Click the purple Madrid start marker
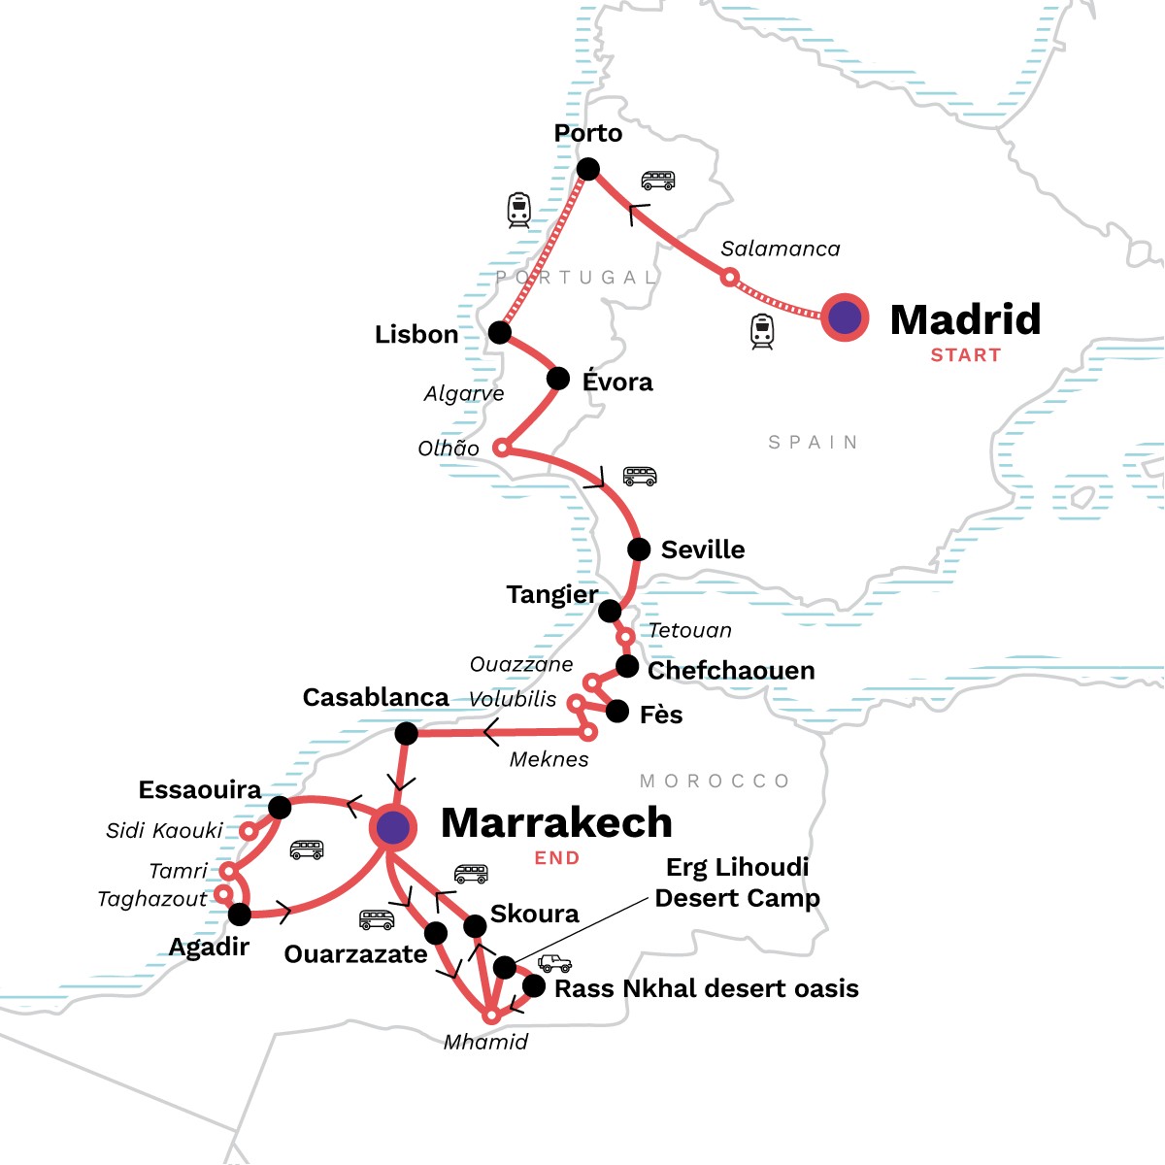click(845, 317)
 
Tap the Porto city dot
click(587, 170)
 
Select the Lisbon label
click(416, 334)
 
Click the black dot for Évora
click(558, 379)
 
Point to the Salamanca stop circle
click(729, 278)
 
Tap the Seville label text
click(703, 549)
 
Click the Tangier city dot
click(610, 611)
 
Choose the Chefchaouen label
click(730, 671)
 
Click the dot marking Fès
click(617, 712)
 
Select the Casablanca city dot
click(407, 733)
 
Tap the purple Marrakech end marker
click(393, 828)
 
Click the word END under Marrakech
click(557, 858)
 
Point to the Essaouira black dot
click(280, 808)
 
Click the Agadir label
click(209, 947)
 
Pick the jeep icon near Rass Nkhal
click(554, 963)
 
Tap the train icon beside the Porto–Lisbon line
click(519, 210)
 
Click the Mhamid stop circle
click(492, 1015)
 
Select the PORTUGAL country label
click(578, 278)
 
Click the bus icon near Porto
click(657, 181)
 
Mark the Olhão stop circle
click(501, 448)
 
